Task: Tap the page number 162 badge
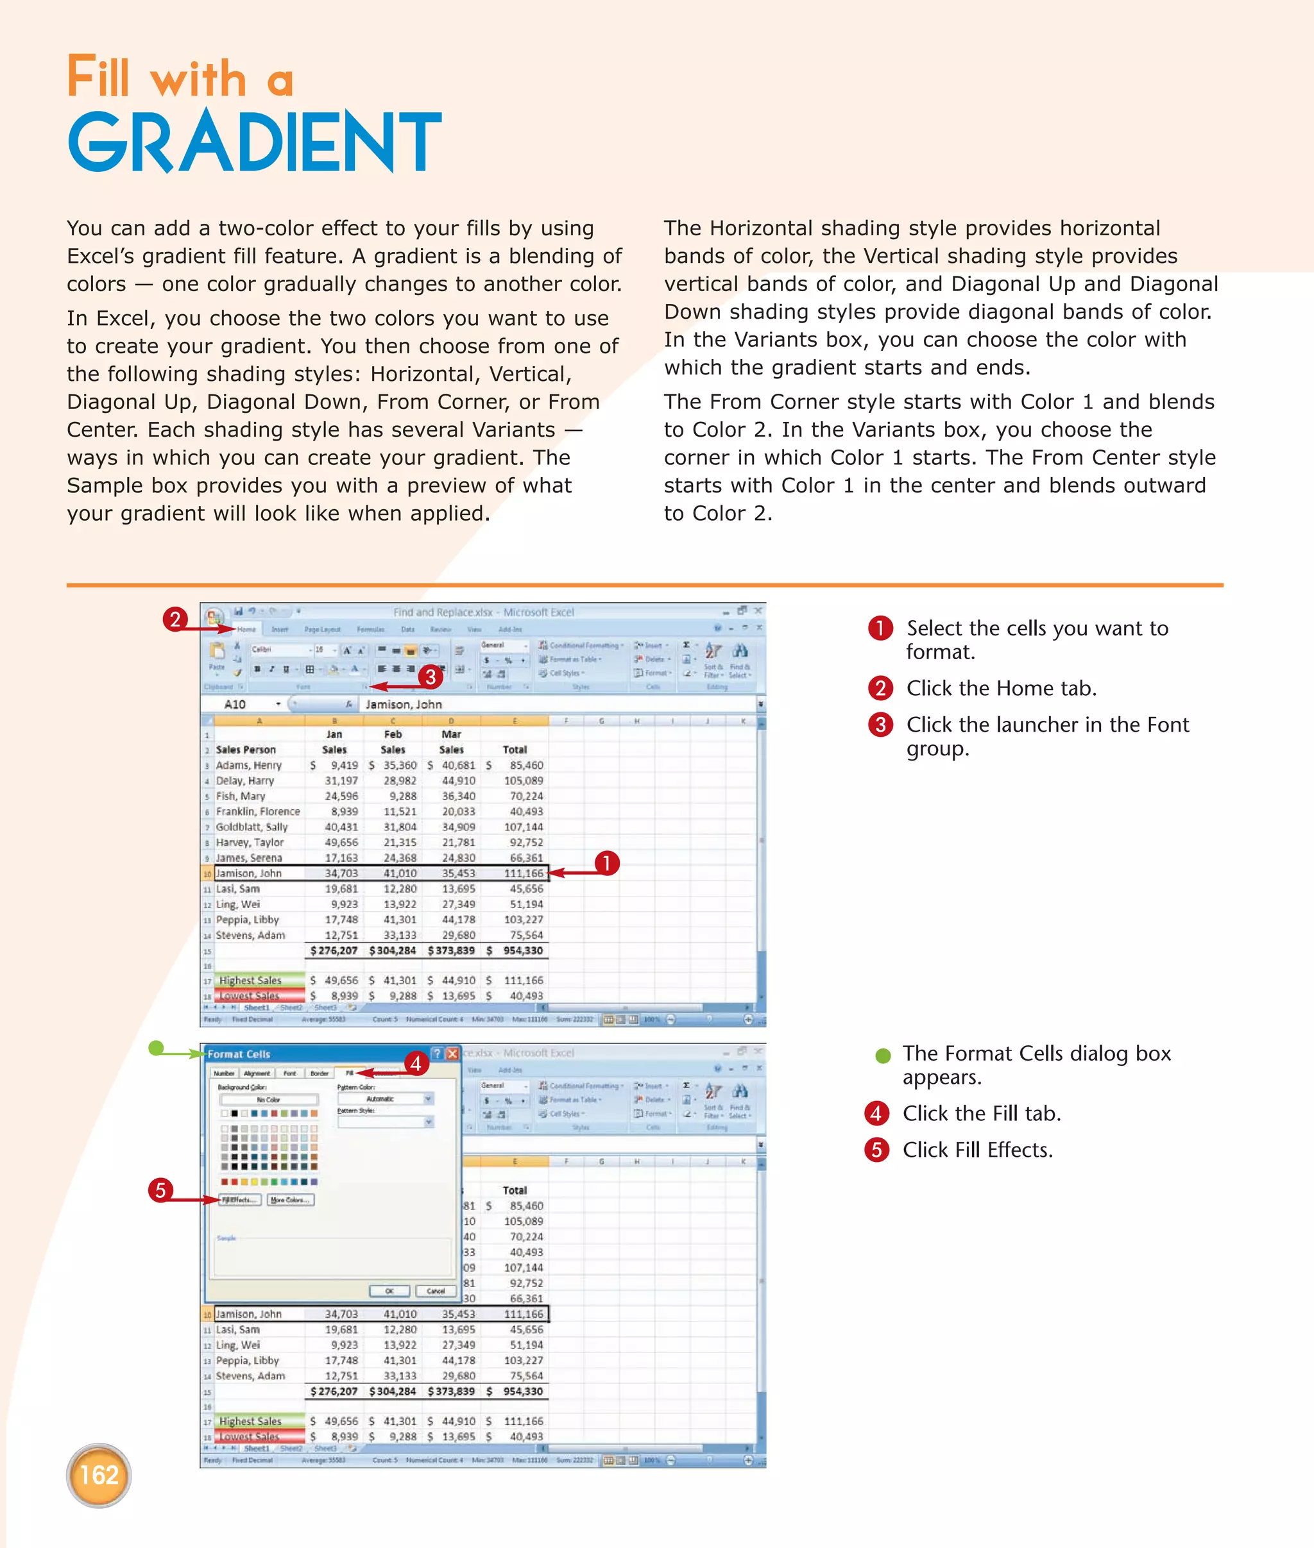pos(98,1475)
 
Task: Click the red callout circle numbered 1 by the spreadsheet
pos(606,863)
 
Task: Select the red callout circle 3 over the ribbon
pos(430,677)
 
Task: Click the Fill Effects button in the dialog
pos(240,1200)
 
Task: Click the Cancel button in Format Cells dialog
pos(436,1290)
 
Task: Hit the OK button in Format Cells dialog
pos(389,1290)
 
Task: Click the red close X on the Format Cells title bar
pos(452,1054)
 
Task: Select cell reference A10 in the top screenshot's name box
pos(235,704)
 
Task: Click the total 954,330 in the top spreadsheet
pos(523,951)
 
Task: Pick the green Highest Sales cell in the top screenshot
pos(251,980)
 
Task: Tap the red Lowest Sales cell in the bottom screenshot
pos(251,1436)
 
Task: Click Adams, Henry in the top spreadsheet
pos(249,766)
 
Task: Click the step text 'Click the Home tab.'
pos(1000,688)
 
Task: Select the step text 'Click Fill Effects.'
pos(977,1150)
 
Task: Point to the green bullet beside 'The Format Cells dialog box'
pos(883,1055)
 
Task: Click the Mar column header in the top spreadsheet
pos(452,734)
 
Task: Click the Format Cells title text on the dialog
pos(239,1054)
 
